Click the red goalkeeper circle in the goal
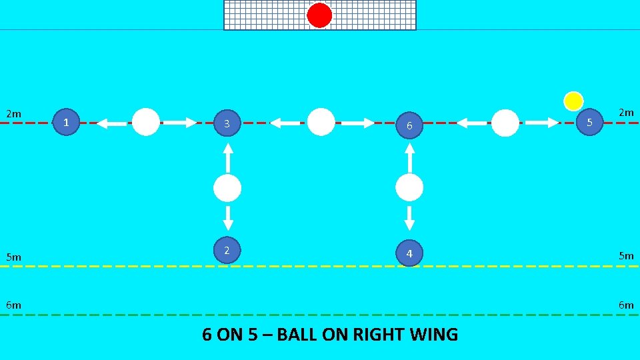(319, 15)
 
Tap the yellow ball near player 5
(573, 101)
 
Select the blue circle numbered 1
(66, 122)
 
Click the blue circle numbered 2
(227, 250)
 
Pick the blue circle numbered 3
(227, 123)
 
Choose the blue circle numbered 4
(409, 253)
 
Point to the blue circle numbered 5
(589, 122)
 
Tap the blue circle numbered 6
(410, 125)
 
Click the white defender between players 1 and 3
(146, 122)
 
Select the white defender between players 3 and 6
(321, 122)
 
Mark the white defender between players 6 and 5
(505, 123)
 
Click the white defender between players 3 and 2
(227, 189)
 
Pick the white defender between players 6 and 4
(409, 188)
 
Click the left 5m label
(13, 257)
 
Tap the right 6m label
(626, 305)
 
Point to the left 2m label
(13, 114)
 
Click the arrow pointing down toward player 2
(227, 217)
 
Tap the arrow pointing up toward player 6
(409, 157)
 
